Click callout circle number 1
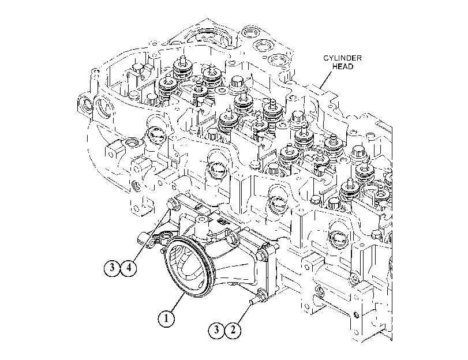coord(166,318)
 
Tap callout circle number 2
coord(233,330)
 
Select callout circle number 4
coord(129,268)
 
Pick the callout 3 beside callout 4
coord(112,268)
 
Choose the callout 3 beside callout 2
coord(216,330)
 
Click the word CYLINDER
coord(342,58)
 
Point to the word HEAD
coord(343,66)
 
